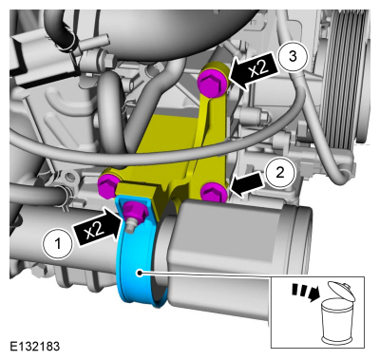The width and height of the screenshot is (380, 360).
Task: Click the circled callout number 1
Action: coord(57,244)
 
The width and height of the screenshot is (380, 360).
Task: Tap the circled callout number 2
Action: coord(280,173)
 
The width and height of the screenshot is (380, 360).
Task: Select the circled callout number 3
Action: coord(293,56)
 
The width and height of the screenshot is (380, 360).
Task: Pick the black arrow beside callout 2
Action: coord(248,182)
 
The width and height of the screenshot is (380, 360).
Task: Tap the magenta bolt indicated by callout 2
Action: coord(215,192)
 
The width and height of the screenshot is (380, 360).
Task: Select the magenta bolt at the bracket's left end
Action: coord(108,185)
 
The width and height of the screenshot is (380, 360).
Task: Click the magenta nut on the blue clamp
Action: coord(134,211)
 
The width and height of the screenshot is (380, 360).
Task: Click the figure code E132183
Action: coord(34,346)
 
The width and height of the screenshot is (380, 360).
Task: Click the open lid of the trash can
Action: coord(341,291)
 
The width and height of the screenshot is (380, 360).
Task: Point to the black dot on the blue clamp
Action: coord(138,273)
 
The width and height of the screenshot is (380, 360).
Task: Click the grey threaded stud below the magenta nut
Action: coord(130,226)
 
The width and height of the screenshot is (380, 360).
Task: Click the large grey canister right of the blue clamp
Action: coord(236,254)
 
